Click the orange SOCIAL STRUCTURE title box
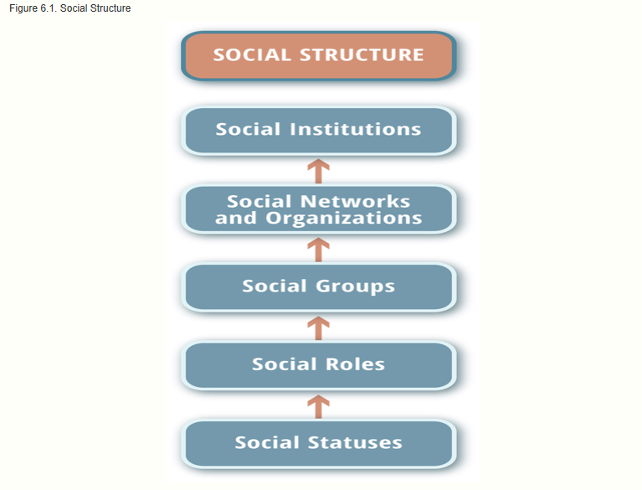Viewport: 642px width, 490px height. click(x=318, y=55)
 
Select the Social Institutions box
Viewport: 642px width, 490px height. click(x=318, y=130)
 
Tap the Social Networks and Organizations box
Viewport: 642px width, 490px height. click(x=318, y=209)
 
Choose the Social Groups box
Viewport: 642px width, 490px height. click(x=318, y=286)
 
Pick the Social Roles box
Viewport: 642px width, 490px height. click(x=318, y=364)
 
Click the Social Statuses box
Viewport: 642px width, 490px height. click(x=318, y=443)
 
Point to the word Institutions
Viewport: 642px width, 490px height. click(x=355, y=130)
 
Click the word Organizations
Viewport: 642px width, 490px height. click(x=343, y=219)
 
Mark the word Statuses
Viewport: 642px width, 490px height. click(x=354, y=443)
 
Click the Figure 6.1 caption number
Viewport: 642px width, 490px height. click(x=47, y=8)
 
